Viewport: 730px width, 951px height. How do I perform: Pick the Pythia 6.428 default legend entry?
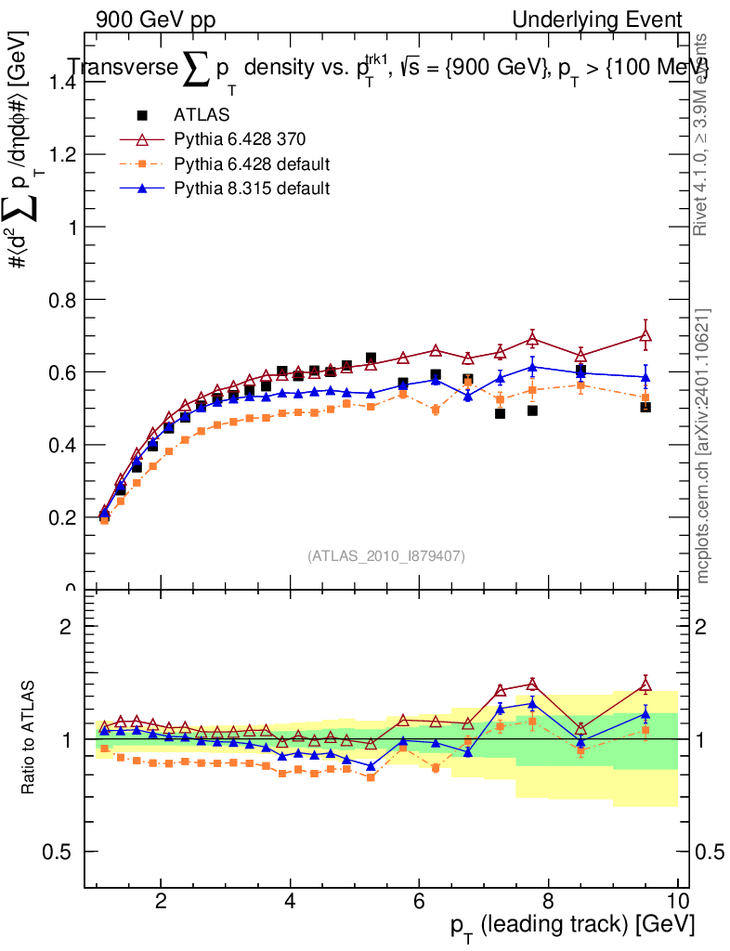click(252, 163)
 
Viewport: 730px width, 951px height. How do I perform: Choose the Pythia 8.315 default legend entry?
click(252, 188)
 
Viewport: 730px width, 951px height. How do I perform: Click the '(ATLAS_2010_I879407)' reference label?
click(386, 555)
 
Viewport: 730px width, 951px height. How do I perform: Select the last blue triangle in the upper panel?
click(645, 377)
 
